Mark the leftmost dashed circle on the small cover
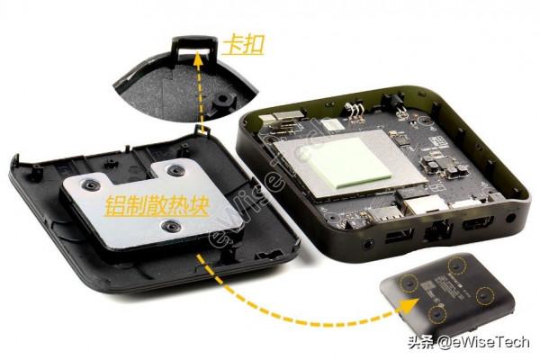point(406,283)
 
